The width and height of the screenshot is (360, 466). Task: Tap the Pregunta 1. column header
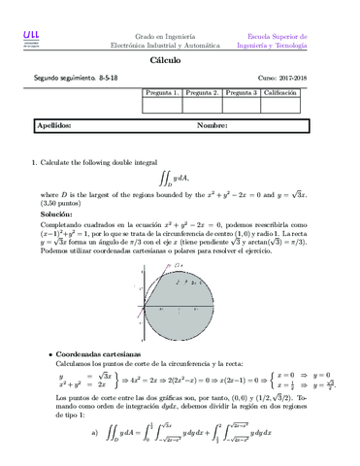coord(161,92)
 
